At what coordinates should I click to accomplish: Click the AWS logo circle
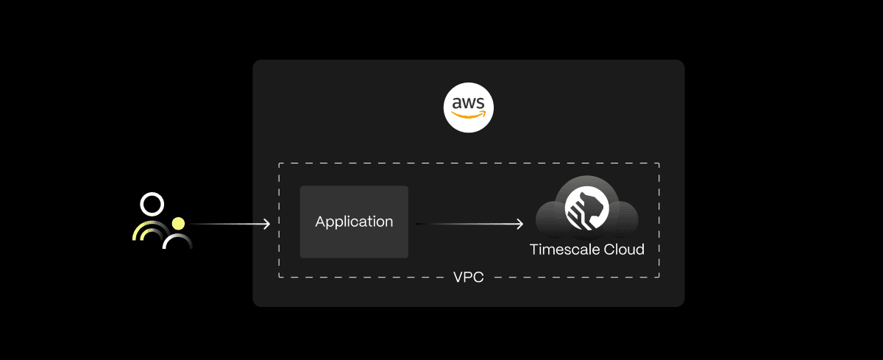click(x=469, y=107)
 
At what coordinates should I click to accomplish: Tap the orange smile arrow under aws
click(x=469, y=116)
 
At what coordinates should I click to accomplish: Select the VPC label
click(x=469, y=278)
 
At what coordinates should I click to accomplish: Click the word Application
click(x=354, y=222)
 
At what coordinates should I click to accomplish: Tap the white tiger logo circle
click(x=586, y=208)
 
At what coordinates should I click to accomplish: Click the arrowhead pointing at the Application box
click(x=267, y=224)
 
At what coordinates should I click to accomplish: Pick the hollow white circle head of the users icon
click(x=152, y=204)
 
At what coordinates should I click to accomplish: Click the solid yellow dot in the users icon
click(x=178, y=223)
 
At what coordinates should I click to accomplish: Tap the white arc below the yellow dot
click(x=177, y=240)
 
